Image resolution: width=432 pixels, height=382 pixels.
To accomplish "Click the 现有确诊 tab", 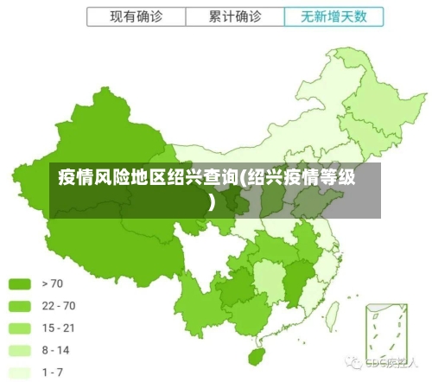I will point(136,16).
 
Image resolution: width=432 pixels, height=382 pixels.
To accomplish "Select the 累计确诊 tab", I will point(234,16).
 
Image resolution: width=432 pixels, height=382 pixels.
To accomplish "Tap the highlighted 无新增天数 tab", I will point(333,16).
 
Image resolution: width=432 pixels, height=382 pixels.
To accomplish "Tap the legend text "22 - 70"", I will point(58,305).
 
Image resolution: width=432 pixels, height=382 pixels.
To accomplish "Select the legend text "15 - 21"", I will point(58,328).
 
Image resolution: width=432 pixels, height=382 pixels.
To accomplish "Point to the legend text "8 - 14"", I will point(55,350).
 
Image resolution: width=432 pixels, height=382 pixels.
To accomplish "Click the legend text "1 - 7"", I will point(52,372).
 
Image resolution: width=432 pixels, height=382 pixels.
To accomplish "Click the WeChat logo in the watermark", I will point(353,362).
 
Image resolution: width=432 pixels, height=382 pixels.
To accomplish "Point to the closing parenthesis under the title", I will point(213,202).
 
